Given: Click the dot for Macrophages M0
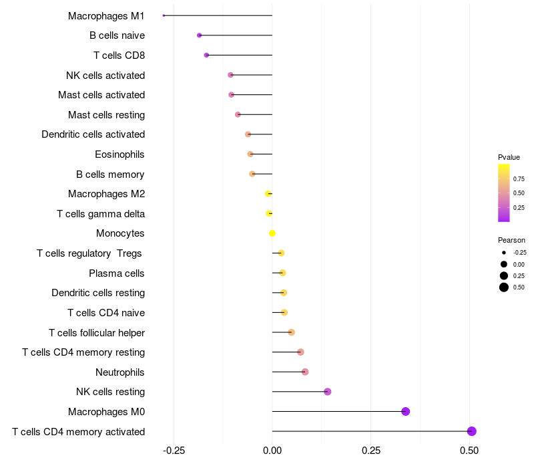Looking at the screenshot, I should [405, 411].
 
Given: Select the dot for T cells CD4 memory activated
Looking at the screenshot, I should [472, 431].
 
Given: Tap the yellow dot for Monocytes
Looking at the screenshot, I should [272, 233].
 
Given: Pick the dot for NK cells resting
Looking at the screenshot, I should [327, 392].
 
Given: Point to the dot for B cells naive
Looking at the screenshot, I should [199, 35].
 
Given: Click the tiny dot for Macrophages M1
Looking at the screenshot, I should [164, 15].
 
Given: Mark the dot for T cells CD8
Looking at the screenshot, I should [206, 55].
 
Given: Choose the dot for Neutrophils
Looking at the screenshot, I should [305, 372].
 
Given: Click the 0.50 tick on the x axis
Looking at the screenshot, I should [469, 451].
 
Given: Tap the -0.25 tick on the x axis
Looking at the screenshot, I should [174, 451].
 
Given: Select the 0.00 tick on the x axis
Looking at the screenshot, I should [272, 451].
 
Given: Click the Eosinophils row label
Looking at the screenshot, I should [119, 154].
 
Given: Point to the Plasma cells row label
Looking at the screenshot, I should [117, 273].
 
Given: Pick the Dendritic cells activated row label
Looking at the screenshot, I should [93, 134].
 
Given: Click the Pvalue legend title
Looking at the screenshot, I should [509, 157].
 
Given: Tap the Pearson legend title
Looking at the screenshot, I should [511, 240].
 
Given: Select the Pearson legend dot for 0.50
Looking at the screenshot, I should [503, 287].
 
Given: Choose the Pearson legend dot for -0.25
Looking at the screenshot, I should [503, 253].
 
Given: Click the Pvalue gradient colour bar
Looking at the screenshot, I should [503, 193].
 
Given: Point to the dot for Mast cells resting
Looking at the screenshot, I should [238, 114].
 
